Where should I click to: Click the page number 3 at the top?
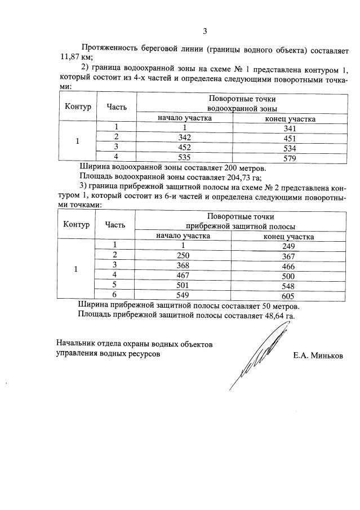[205, 31]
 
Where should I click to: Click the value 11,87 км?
[75, 57]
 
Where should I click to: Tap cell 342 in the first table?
[184, 138]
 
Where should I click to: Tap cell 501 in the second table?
[183, 285]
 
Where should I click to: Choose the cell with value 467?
[183, 276]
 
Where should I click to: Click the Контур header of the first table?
[78, 107]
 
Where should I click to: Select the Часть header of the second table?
[115, 224]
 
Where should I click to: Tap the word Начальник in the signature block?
[77, 344]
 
